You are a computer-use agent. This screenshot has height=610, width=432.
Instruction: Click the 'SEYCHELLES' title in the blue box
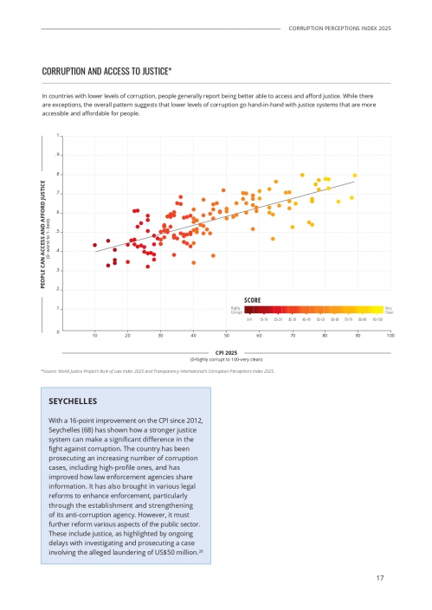coord(74,402)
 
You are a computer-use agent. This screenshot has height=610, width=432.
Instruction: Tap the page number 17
coord(380,578)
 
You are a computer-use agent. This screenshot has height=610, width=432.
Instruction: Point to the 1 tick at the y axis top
coord(59,136)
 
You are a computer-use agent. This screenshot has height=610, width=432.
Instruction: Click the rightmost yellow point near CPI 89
coord(355,176)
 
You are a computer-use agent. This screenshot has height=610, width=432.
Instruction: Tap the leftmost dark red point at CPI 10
coord(95,246)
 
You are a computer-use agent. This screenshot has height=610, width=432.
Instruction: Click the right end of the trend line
coord(354,183)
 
